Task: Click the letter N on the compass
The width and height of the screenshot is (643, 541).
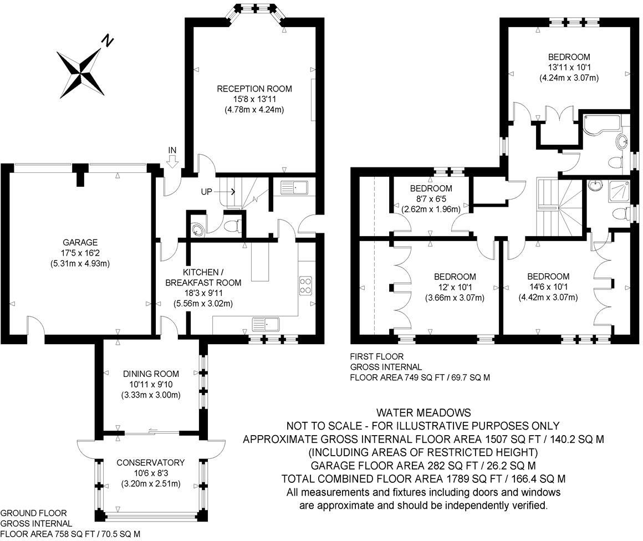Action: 107,40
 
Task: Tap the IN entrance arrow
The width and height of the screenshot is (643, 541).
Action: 172,162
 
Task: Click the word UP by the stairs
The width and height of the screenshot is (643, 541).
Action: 206,192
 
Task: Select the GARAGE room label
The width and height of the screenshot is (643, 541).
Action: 80,242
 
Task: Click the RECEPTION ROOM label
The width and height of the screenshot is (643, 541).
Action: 254,89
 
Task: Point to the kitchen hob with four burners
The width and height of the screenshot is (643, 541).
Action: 305,286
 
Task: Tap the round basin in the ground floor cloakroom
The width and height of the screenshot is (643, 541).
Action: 198,230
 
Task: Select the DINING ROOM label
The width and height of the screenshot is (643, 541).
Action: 151,374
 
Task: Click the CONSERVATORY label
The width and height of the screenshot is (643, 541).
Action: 151,463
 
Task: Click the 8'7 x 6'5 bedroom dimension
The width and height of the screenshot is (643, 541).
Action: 431,199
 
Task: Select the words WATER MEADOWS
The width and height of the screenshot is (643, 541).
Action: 423,412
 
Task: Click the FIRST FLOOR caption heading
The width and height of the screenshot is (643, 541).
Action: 377,356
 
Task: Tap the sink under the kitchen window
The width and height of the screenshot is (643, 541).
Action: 266,324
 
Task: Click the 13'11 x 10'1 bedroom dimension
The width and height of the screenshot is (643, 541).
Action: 569,67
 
